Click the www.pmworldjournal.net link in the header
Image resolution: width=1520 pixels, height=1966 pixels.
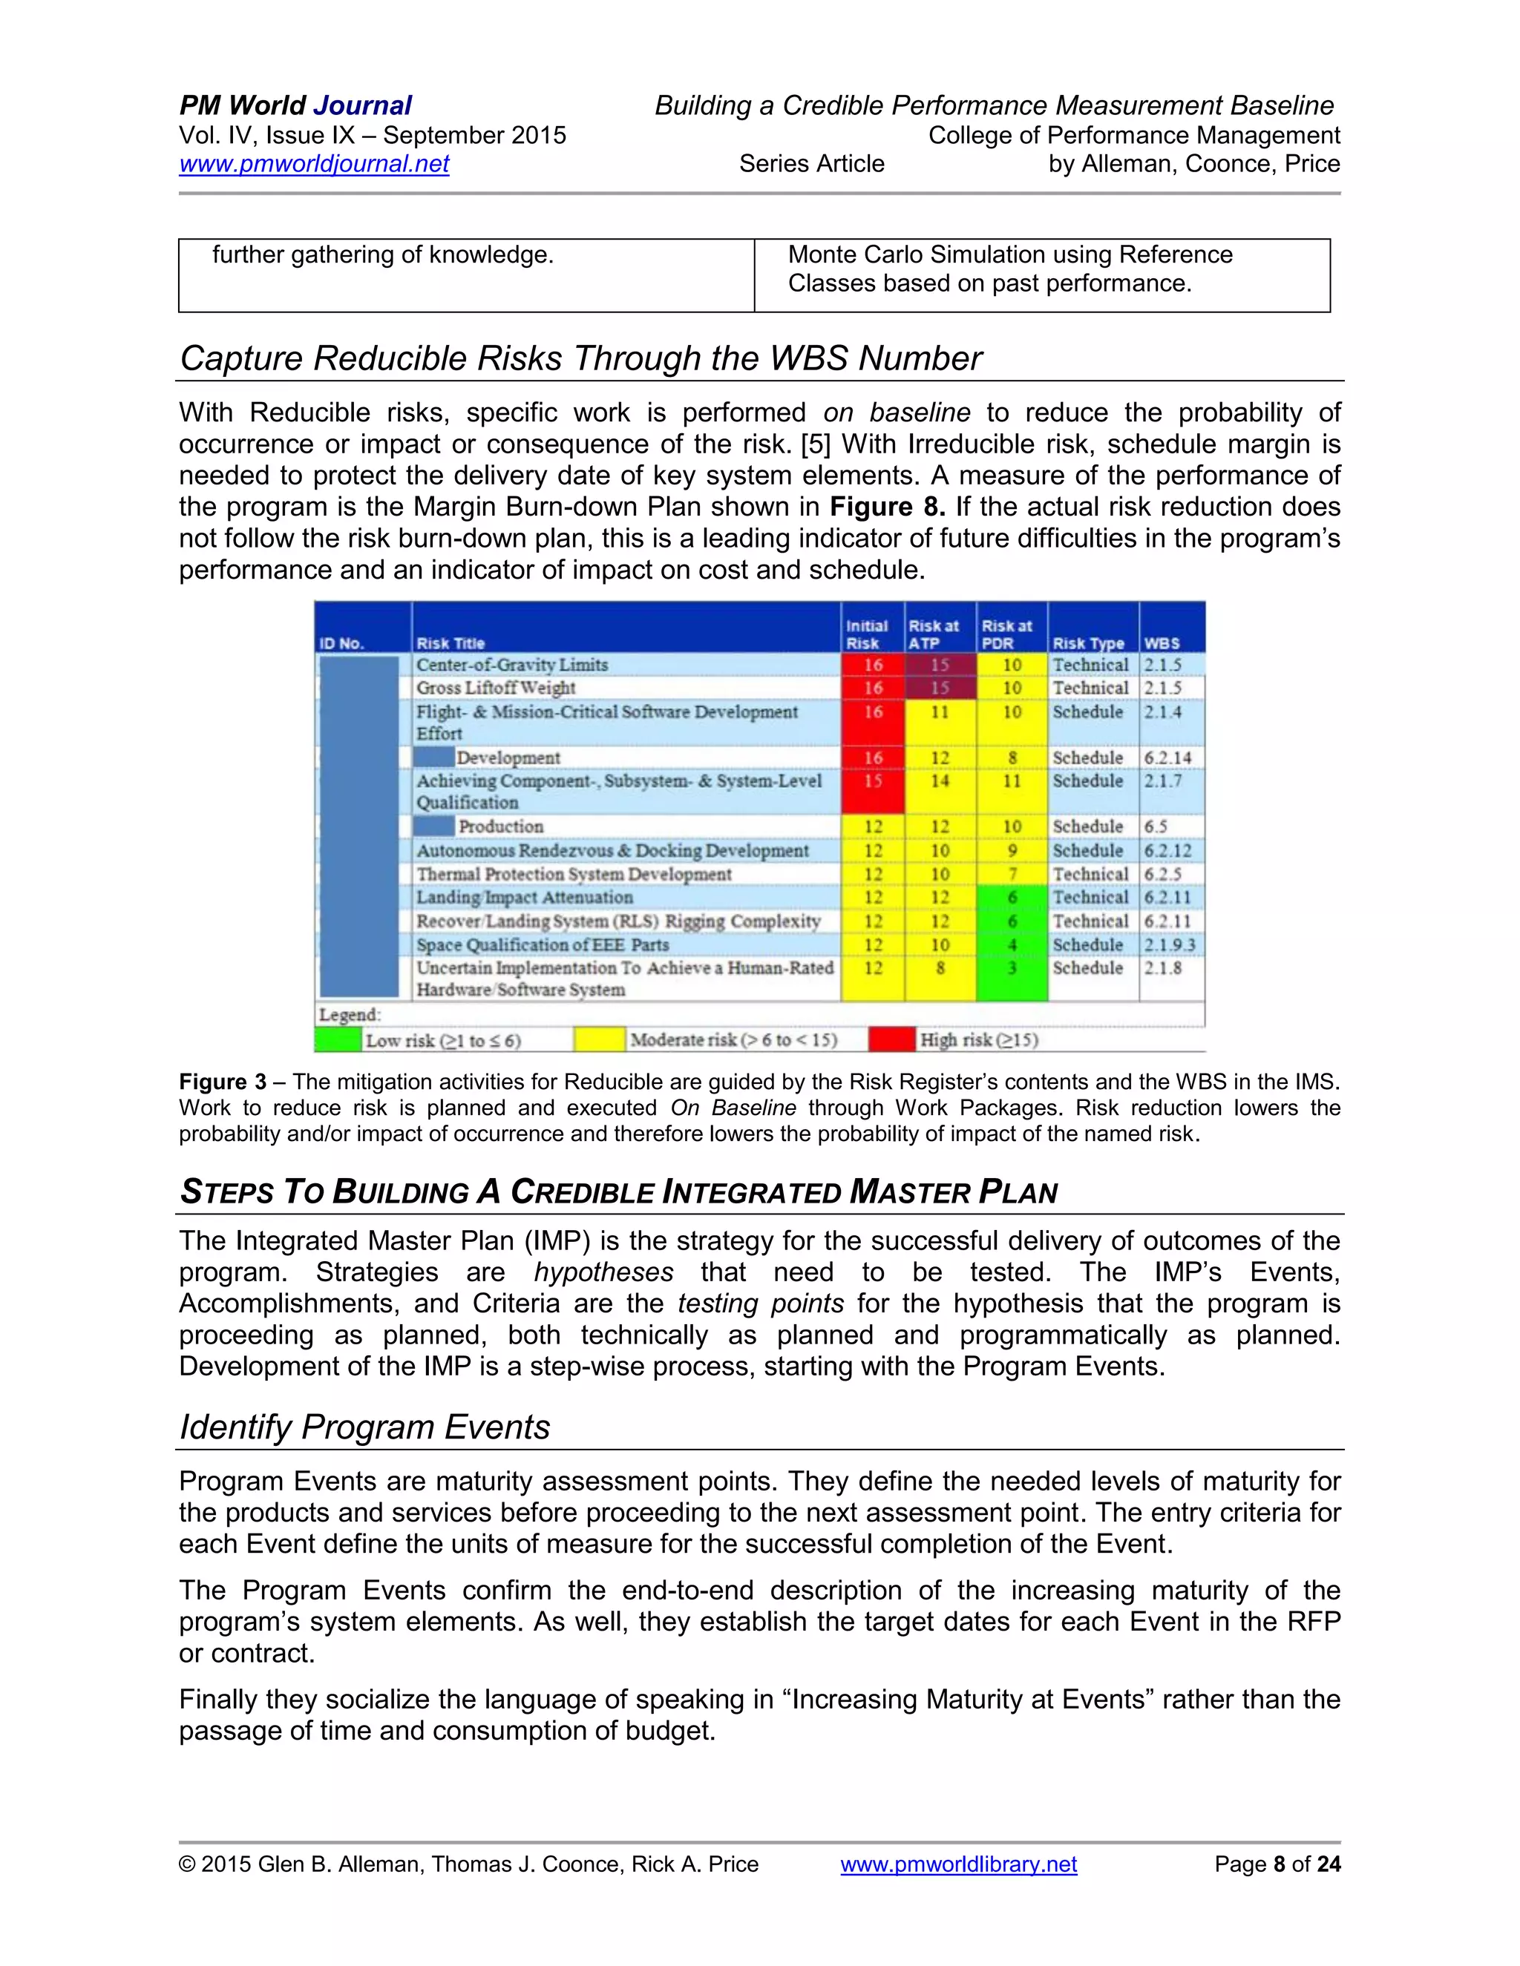313,164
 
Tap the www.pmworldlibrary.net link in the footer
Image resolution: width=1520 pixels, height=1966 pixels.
958,1864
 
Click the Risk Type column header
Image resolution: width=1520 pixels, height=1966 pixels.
1088,642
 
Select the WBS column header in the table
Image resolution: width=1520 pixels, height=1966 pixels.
1162,642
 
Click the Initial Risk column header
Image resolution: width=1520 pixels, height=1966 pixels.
866,634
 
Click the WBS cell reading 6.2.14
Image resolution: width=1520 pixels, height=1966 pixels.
1167,758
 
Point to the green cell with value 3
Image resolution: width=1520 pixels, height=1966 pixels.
1012,969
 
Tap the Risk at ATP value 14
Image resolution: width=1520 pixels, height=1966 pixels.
939,780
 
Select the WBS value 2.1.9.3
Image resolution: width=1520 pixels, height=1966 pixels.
1170,945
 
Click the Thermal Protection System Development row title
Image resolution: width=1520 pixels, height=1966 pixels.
574,874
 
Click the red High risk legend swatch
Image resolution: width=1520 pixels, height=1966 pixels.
891,1039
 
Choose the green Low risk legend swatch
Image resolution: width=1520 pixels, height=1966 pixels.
338,1039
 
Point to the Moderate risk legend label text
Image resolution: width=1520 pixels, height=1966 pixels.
733,1039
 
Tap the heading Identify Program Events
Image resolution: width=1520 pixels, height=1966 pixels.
364,1427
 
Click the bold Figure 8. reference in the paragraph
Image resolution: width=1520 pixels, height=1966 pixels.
886,507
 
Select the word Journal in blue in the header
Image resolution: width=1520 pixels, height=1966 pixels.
362,105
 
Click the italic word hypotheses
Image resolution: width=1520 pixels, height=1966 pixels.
603,1272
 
